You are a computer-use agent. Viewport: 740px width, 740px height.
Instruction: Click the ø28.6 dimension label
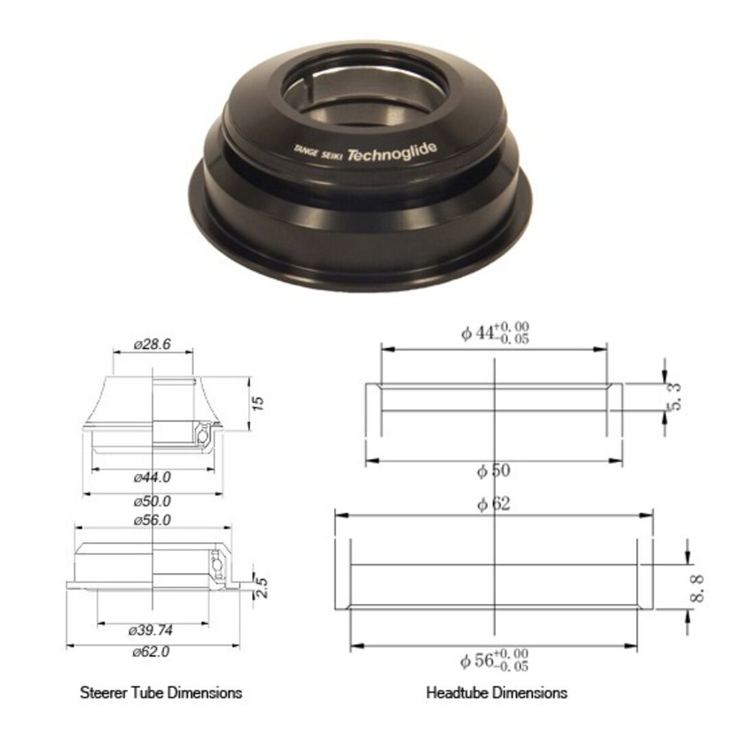pyautogui.click(x=152, y=345)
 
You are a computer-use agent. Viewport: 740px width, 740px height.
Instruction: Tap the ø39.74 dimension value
pyautogui.click(x=151, y=630)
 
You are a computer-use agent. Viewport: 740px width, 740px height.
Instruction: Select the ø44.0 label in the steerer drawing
pyautogui.click(x=152, y=478)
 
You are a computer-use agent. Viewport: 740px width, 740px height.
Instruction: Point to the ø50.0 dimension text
pyautogui.click(x=152, y=501)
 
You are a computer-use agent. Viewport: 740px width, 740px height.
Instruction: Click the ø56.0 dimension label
pyautogui.click(x=152, y=520)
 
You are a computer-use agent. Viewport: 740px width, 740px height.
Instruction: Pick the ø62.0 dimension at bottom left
pyautogui.click(x=151, y=652)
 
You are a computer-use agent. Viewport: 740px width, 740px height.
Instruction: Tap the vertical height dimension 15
pyautogui.click(x=258, y=403)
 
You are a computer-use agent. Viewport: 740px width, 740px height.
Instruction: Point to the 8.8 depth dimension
pyautogui.click(x=697, y=589)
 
